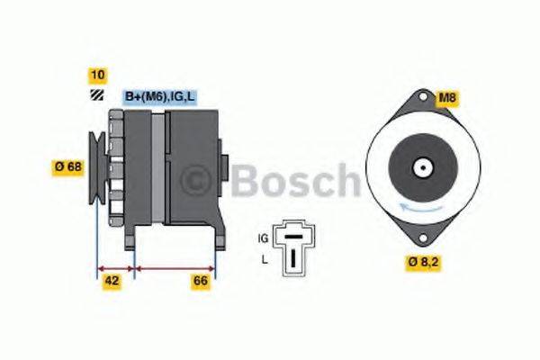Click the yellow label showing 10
click(x=96, y=75)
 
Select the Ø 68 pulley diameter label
click(x=67, y=166)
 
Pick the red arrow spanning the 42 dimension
click(x=114, y=267)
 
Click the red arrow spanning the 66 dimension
click(x=175, y=267)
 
